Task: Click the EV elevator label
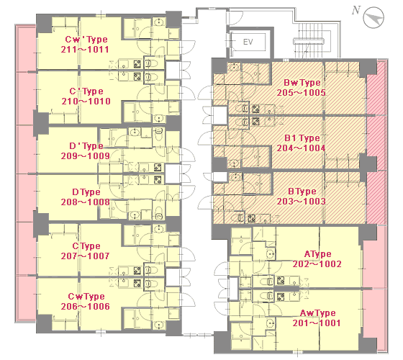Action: [248, 42]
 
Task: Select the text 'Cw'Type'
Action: [86, 40]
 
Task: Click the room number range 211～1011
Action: [85, 50]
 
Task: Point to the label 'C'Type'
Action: [86, 91]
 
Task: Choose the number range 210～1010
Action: [86, 102]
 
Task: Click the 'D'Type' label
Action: [86, 146]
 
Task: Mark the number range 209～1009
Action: [86, 156]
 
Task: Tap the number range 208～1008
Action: [86, 202]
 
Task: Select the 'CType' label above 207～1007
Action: [86, 246]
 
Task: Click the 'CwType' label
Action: [86, 297]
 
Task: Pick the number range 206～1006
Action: [86, 306]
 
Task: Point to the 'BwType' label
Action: [302, 83]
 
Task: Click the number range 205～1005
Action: [302, 93]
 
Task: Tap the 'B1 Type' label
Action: [302, 138]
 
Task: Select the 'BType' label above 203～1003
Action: [302, 192]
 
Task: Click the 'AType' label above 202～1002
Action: [317, 254]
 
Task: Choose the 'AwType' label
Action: [317, 313]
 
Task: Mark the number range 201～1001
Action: [317, 323]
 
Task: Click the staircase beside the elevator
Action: [309, 40]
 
